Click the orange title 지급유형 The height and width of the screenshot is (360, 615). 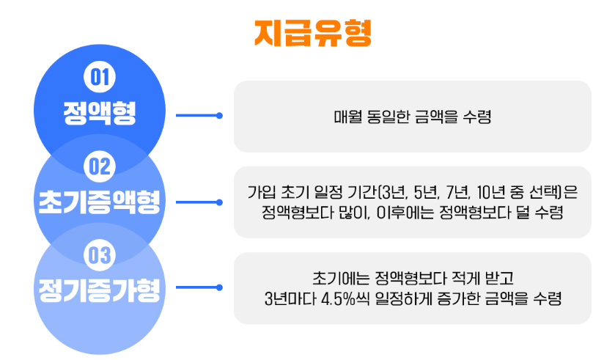(x=313, y=32)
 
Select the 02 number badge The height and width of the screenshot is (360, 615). (x=98, y=167)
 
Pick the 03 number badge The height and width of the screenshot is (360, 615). (x=98, y=256)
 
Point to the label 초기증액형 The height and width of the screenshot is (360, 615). (x=98, y=202)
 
